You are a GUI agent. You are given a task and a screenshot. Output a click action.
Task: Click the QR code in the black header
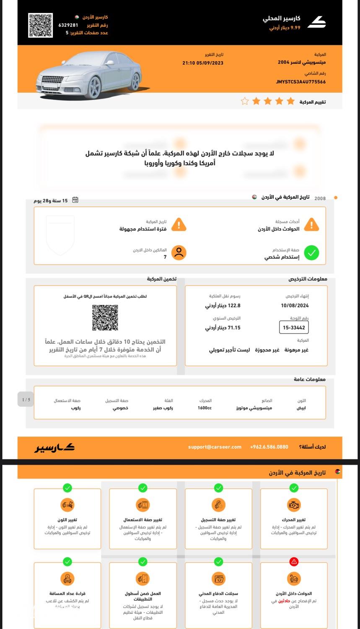pyautogui.click(x=41, y=25)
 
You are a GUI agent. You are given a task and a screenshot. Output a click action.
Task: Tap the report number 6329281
pyautogui.click(x=68, y=25)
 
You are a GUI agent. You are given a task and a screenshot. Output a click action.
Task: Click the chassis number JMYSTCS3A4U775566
pyautogui.click(x=300, y=82)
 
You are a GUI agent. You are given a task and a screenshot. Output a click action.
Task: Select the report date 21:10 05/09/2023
pyautogui.click(x=203, y=63)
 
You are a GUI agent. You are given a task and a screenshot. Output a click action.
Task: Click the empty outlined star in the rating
pyautogui.click(x=245, y=101)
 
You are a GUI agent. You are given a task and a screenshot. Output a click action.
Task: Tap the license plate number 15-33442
pyautogui.click(x=294, y=327)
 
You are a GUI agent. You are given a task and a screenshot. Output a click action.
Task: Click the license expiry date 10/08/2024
pyautogui.click(x=295, y=306)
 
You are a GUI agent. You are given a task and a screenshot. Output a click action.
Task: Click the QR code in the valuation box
pyautogui.click(x=105, y=317)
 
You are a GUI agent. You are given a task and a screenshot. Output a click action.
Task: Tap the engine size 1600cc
pyautogui.click(x=205, y=408)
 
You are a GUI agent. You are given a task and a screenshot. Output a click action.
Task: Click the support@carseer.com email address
pyautogui.click(x=215, y=447)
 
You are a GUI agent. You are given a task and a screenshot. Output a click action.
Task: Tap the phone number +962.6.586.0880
pyautogui.click(x=269, y=447)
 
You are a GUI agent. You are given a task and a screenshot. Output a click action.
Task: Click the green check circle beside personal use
pyautogui.click(x=311, y=253)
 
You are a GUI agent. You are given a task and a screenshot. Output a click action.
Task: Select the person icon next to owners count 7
pyautogui.click(x=179, y=253)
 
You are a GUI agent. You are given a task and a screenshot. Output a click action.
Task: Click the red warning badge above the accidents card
pyautogui.click(x=294, y=561)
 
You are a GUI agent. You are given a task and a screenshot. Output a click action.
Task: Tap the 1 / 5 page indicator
pyautogui.click(x=26, y=400)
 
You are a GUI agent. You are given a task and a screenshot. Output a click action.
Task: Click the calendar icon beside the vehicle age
pyautogui.click(x=75, y=200)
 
